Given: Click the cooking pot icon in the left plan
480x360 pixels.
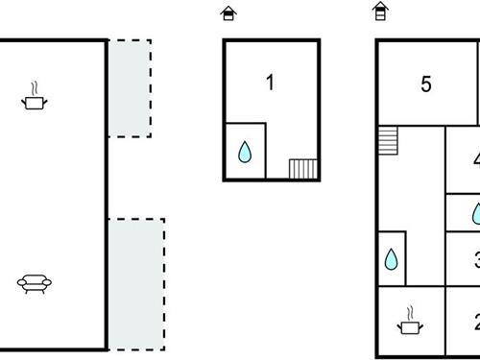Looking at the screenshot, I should [36, 100].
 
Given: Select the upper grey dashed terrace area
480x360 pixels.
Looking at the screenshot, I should [129, 87].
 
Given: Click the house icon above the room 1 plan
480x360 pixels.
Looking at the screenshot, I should [228, 13].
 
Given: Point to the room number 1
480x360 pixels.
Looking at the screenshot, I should [271, 83].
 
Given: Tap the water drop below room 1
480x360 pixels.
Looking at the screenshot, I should [245, 152].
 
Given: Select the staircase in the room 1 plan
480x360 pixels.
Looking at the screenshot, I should [303, 169].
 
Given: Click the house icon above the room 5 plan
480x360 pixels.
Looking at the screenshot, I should [381, 12].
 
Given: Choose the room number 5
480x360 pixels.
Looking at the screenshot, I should [426, 84].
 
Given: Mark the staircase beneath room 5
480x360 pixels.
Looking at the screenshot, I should [388, 140].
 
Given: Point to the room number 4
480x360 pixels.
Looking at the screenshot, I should [476, 159].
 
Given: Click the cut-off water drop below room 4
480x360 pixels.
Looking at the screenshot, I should [476, 213].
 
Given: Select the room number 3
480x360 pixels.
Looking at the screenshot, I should [476, 259].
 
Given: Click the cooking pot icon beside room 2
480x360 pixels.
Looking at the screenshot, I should [410, 326].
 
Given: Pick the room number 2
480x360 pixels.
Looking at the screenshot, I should [476, 323].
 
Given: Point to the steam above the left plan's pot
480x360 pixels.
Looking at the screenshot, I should [36, 87].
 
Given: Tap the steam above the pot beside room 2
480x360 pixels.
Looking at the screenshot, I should [411, 313].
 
